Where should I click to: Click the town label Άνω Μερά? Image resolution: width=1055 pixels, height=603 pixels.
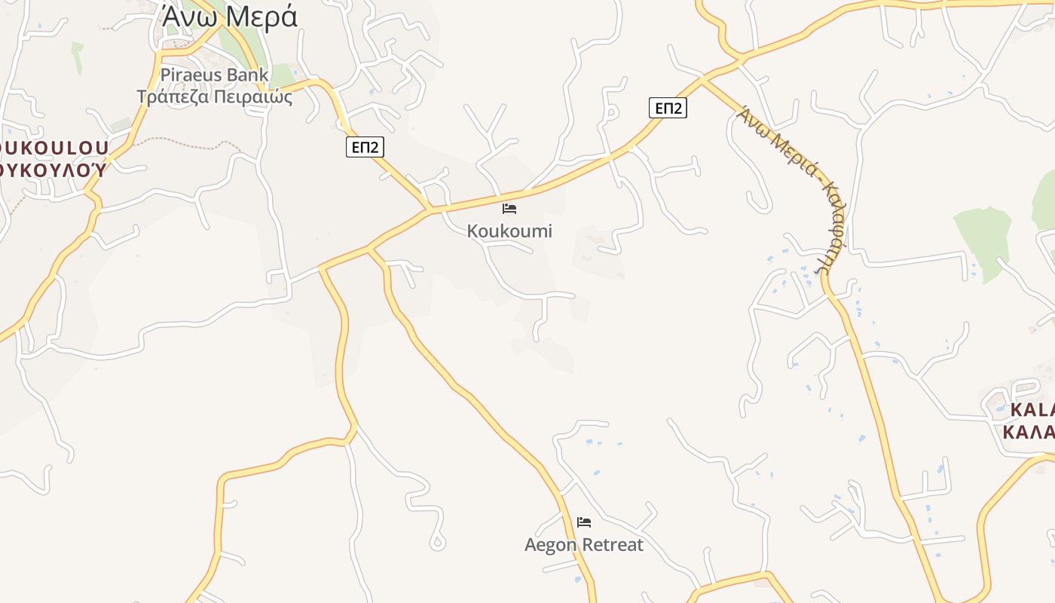(x=230, y=17)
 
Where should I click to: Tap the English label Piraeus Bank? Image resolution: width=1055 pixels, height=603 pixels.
(x=215, y=75)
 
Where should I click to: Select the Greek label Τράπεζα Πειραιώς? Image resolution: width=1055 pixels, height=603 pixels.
(x=215, y=96)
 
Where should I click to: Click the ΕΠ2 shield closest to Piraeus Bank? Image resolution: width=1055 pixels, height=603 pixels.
(x=364, y=147)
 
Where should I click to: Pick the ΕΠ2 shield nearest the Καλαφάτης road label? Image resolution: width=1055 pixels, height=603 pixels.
(x=668, y=108)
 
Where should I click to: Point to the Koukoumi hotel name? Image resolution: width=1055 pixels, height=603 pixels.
(x=509, y=231)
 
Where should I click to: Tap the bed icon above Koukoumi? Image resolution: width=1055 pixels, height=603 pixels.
(x=509, y=208)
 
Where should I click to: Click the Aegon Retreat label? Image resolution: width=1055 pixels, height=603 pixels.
(x=584, y=545)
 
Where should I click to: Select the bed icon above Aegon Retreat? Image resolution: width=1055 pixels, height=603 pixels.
(x=584, y=522)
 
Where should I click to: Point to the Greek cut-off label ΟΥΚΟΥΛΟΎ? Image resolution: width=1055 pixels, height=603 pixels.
(x=53, y=169)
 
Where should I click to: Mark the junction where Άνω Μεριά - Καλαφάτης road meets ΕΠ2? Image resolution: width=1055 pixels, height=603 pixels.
(x=702, y=78)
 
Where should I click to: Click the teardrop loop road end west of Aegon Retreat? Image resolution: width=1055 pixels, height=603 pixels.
(x=436, y=542)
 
